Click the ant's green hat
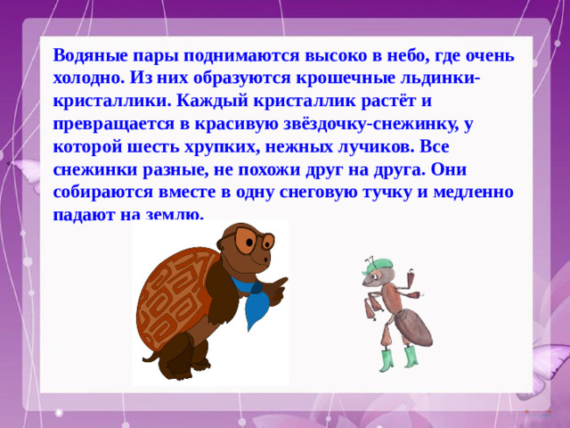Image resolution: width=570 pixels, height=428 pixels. (x=377, y=265)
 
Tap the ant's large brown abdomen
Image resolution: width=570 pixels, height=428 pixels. (x=415, y=327)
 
